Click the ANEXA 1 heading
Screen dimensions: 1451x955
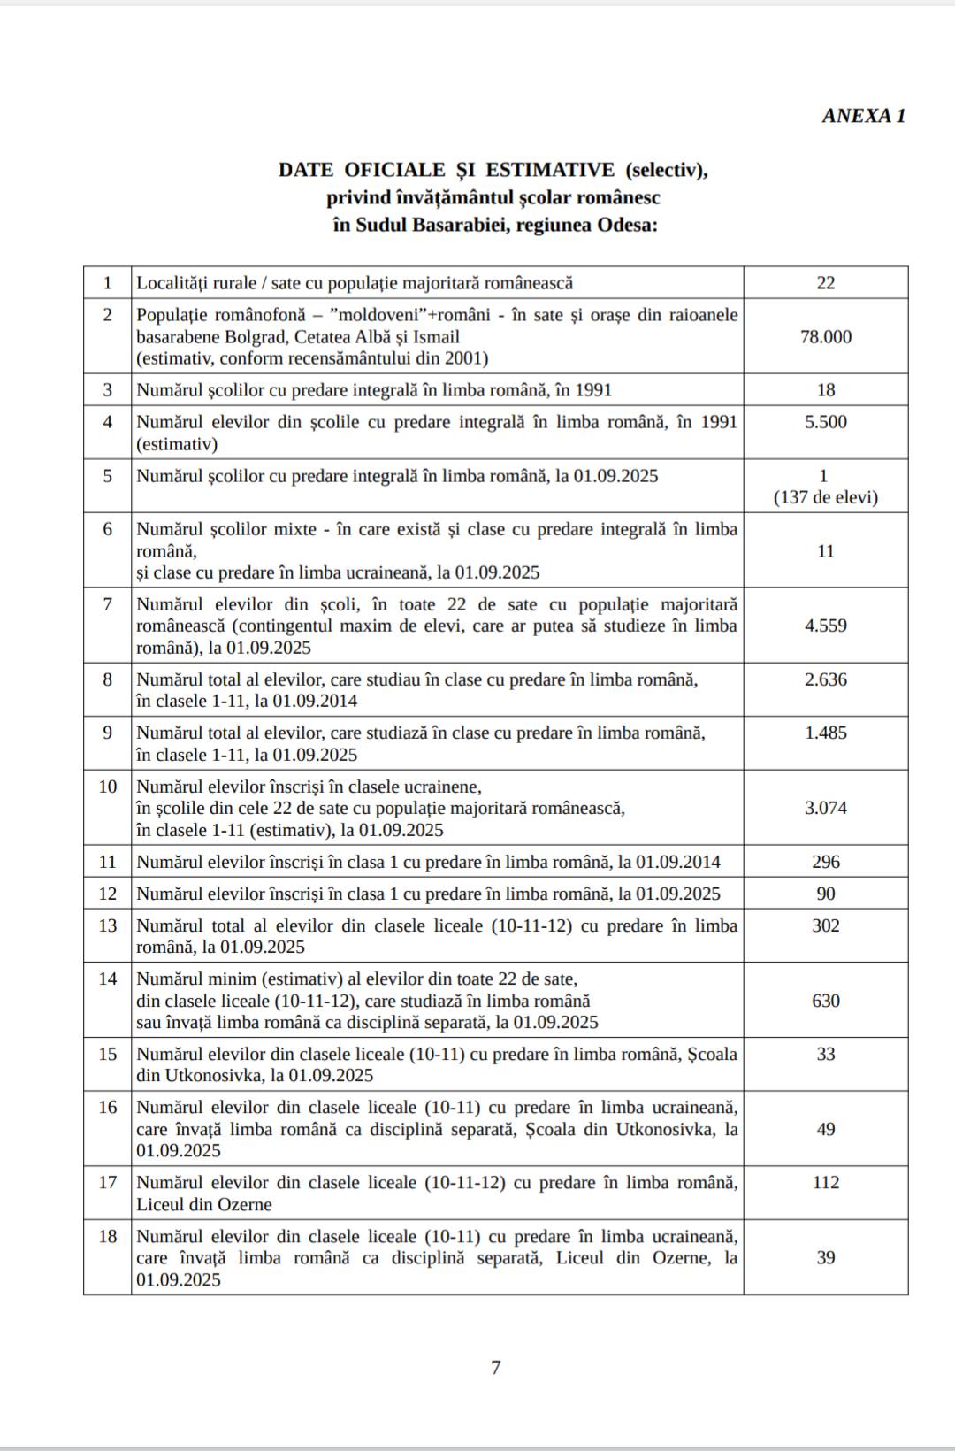click(x=863, y=116)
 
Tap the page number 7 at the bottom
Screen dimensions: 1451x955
click(x=495, y=1368)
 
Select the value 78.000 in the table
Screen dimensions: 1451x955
click(x=825, y=337)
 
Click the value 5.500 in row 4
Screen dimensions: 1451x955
click(x=825, y=422)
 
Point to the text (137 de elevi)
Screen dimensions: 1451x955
click(x=825, y=497)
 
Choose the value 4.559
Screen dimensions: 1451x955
click(x=825, y=626)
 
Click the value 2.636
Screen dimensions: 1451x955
click(x=825, y=679)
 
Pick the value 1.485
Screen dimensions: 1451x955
click(x=825, y=733)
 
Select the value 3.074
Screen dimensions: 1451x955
click(x=825, y=808)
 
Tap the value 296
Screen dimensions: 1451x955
click(x=825, y=862)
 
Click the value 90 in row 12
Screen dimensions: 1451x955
click(x=825, y=894)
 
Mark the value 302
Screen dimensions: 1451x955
click(x=825, y=925)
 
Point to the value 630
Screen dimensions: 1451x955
click(x=825, y=1001)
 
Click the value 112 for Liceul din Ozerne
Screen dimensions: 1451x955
click(x=825, y=1182)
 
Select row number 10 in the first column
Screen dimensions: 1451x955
click(x=108, y=787)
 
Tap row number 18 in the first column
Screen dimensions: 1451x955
click(x=108, y=1236)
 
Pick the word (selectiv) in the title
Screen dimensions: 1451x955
click(x=665, y=170)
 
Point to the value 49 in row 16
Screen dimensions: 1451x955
click(x=825, y=1129)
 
